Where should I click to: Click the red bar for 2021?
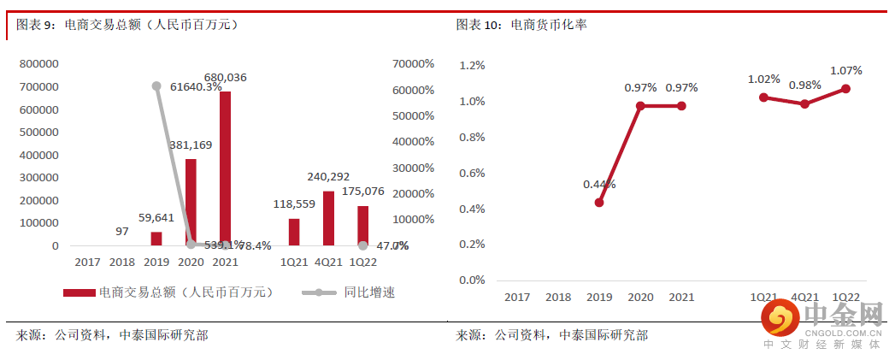click(x=225, y=168)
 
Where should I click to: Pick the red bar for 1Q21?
click(x=294, y=232)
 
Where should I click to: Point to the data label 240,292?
click(x=328, y=177)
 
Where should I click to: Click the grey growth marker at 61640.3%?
click(x=156, y=86)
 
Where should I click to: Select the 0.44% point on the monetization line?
click(x=599, y=203)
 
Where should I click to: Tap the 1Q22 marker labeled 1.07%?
click(x=845, y=88)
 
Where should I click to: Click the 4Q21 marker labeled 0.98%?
click(x=804, y=103)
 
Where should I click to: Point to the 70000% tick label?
click(x=413, y=64)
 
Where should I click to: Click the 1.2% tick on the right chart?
click(x=472, y=65)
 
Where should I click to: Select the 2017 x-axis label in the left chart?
click(x=87, y=262)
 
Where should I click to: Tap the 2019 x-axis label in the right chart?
click(x=599, y=297)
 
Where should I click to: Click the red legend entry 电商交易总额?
click(x=167, y=292)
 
